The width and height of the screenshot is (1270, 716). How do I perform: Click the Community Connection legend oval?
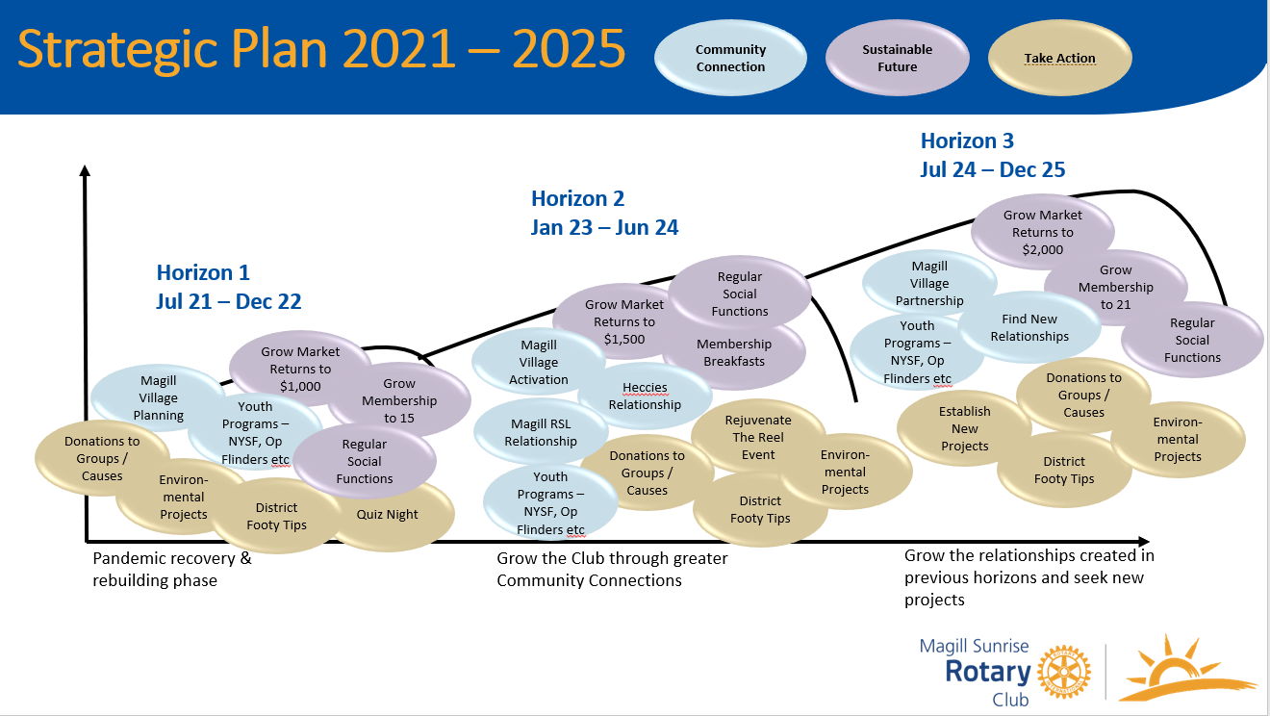pyautogui.click(x=730, y=58)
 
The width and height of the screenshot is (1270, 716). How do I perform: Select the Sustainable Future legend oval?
pyautogui.click(x=897, y=58)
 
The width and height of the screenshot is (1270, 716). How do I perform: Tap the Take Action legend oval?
pyautogui.click(x=1059, y=58)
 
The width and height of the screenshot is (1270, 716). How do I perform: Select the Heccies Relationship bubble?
pyautogui.click(x=645, y=396)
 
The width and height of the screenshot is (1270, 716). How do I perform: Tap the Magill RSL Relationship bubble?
pyautogui.click(x=541, y=432)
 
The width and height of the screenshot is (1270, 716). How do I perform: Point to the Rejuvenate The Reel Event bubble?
pyautogui.click(x=758, y=437)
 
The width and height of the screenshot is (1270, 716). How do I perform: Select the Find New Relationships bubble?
pyautogui.click(x=1029, y=327)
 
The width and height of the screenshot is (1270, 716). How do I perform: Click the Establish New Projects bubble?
pyautogui.click(x=964, y=428)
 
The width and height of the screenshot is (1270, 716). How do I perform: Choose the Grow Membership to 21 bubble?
pyautogui.click(x=1116, y=287)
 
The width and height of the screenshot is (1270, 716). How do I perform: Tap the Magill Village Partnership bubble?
pyautogui.click(x=929, y=283)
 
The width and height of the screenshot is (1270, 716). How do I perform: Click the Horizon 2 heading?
pyautogui.click(x=577, y=198)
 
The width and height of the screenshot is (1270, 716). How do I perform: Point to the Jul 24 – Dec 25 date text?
pyautogui.click(x=992, y=169)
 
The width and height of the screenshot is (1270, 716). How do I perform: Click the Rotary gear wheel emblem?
pyautogui.click(x=1064, y=671)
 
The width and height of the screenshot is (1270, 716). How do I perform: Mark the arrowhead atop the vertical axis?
pyautogui.click(x=85, y=170)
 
